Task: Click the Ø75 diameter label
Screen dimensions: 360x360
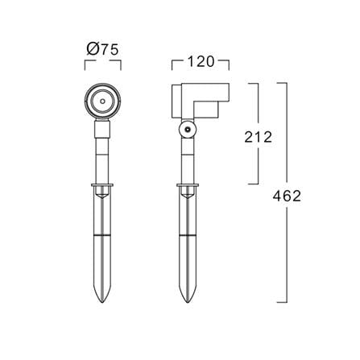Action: click(x=102, y=50)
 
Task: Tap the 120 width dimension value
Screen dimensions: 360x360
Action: click(x=201, y=62)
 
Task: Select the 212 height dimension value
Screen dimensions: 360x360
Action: click(x=259, y=137)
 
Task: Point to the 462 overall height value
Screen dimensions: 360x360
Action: click(x=287, y=196)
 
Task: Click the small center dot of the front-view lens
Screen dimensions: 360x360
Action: click(x=102, y=101)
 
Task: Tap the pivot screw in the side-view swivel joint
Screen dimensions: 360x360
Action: click(x=188, y=129)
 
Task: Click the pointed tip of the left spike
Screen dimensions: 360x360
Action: click(x=102, y=302)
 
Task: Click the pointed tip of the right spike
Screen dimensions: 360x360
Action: click(x=188, y=302)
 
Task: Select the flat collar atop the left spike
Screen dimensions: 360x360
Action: click(x=102, y=185)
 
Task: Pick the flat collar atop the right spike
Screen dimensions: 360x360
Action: click(x=188, y=185)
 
